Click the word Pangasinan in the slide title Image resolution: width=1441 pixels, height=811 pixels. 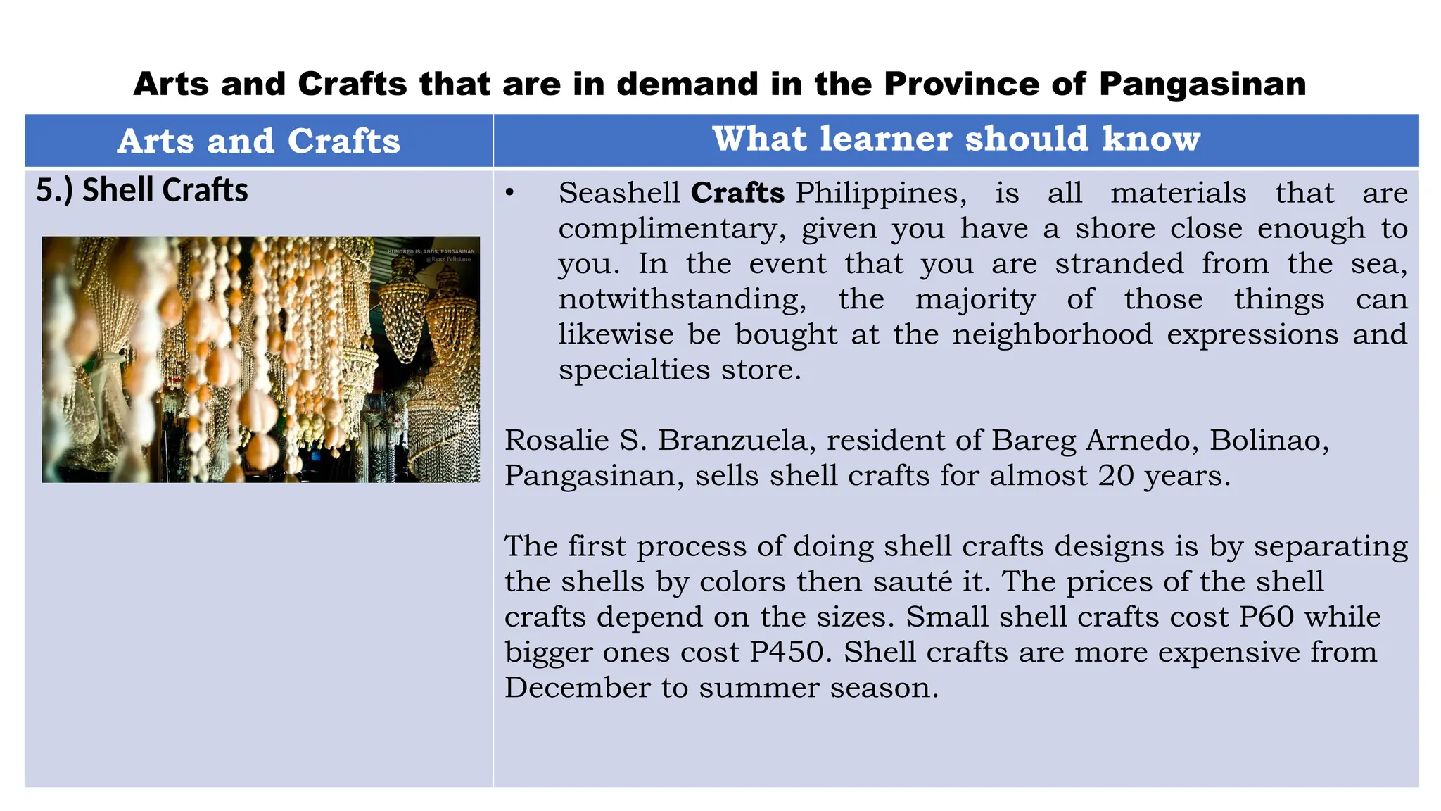(x=1202, y=84)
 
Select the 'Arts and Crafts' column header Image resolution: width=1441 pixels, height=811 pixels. (x=259, y=141)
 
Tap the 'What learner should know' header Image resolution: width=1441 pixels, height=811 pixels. (x=956, y=139)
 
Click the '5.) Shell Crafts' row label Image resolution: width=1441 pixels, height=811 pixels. (x=142, y=191)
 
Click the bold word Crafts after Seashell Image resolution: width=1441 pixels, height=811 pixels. (x=737, y=193)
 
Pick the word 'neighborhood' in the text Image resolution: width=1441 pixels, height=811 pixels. (x=1053, y=334)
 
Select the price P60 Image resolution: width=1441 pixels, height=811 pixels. (x=1267, y=617)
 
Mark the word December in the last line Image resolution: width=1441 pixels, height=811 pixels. (x=577, y=688)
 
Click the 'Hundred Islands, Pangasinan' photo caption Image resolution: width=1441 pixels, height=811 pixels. (x=431, y=251)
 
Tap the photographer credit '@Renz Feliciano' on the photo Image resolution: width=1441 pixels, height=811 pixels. (x=448, y=260)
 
